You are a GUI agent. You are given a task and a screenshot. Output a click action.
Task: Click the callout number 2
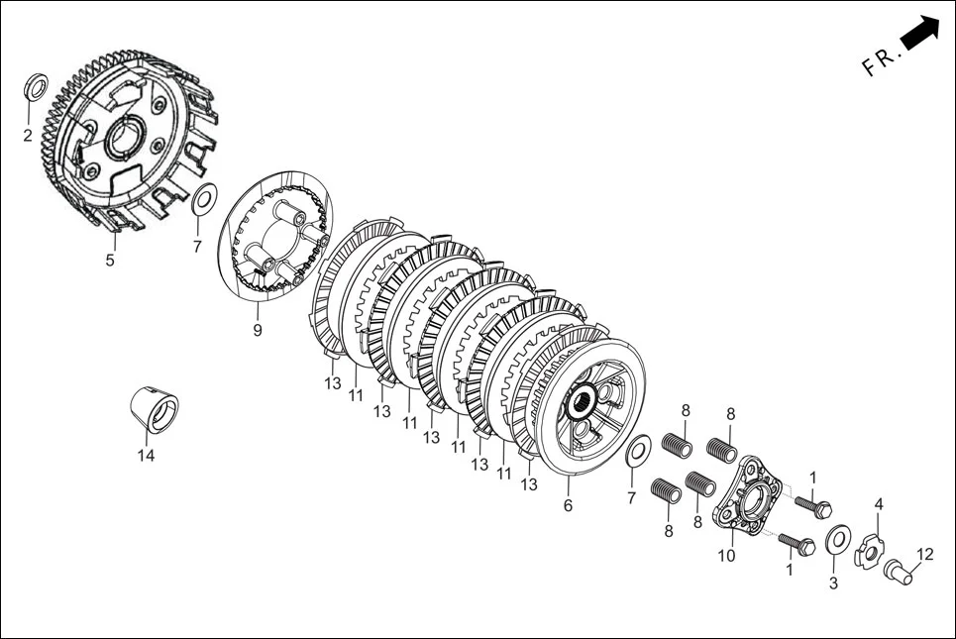pyautogui.click(x=28, y=135)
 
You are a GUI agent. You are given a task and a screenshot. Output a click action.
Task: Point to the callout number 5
pyautogui.click(x=110, y=261)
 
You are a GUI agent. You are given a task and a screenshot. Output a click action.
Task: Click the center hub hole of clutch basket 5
pyautogui.click(x=125, y=138)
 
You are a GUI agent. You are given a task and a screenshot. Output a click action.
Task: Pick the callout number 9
pyautogui.click(x=258, y=331)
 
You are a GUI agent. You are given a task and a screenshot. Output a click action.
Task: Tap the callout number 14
pyautogui.click(x=147, y=455)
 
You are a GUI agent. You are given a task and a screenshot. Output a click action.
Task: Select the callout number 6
pyautogui.click(x=568, y=505)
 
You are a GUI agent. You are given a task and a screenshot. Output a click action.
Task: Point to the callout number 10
pyautogui.click(x=727, y=557)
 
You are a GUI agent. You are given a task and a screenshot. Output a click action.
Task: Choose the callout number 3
pyautogui.click(x=833, y=585)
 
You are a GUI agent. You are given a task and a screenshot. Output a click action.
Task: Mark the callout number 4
pyautogui.click(x=878, y=504)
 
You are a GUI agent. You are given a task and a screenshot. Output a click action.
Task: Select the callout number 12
pyautogui.click(x=925, y=555)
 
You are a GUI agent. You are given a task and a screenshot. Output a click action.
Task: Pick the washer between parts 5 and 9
pyautogui.click(x=203, y=199)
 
